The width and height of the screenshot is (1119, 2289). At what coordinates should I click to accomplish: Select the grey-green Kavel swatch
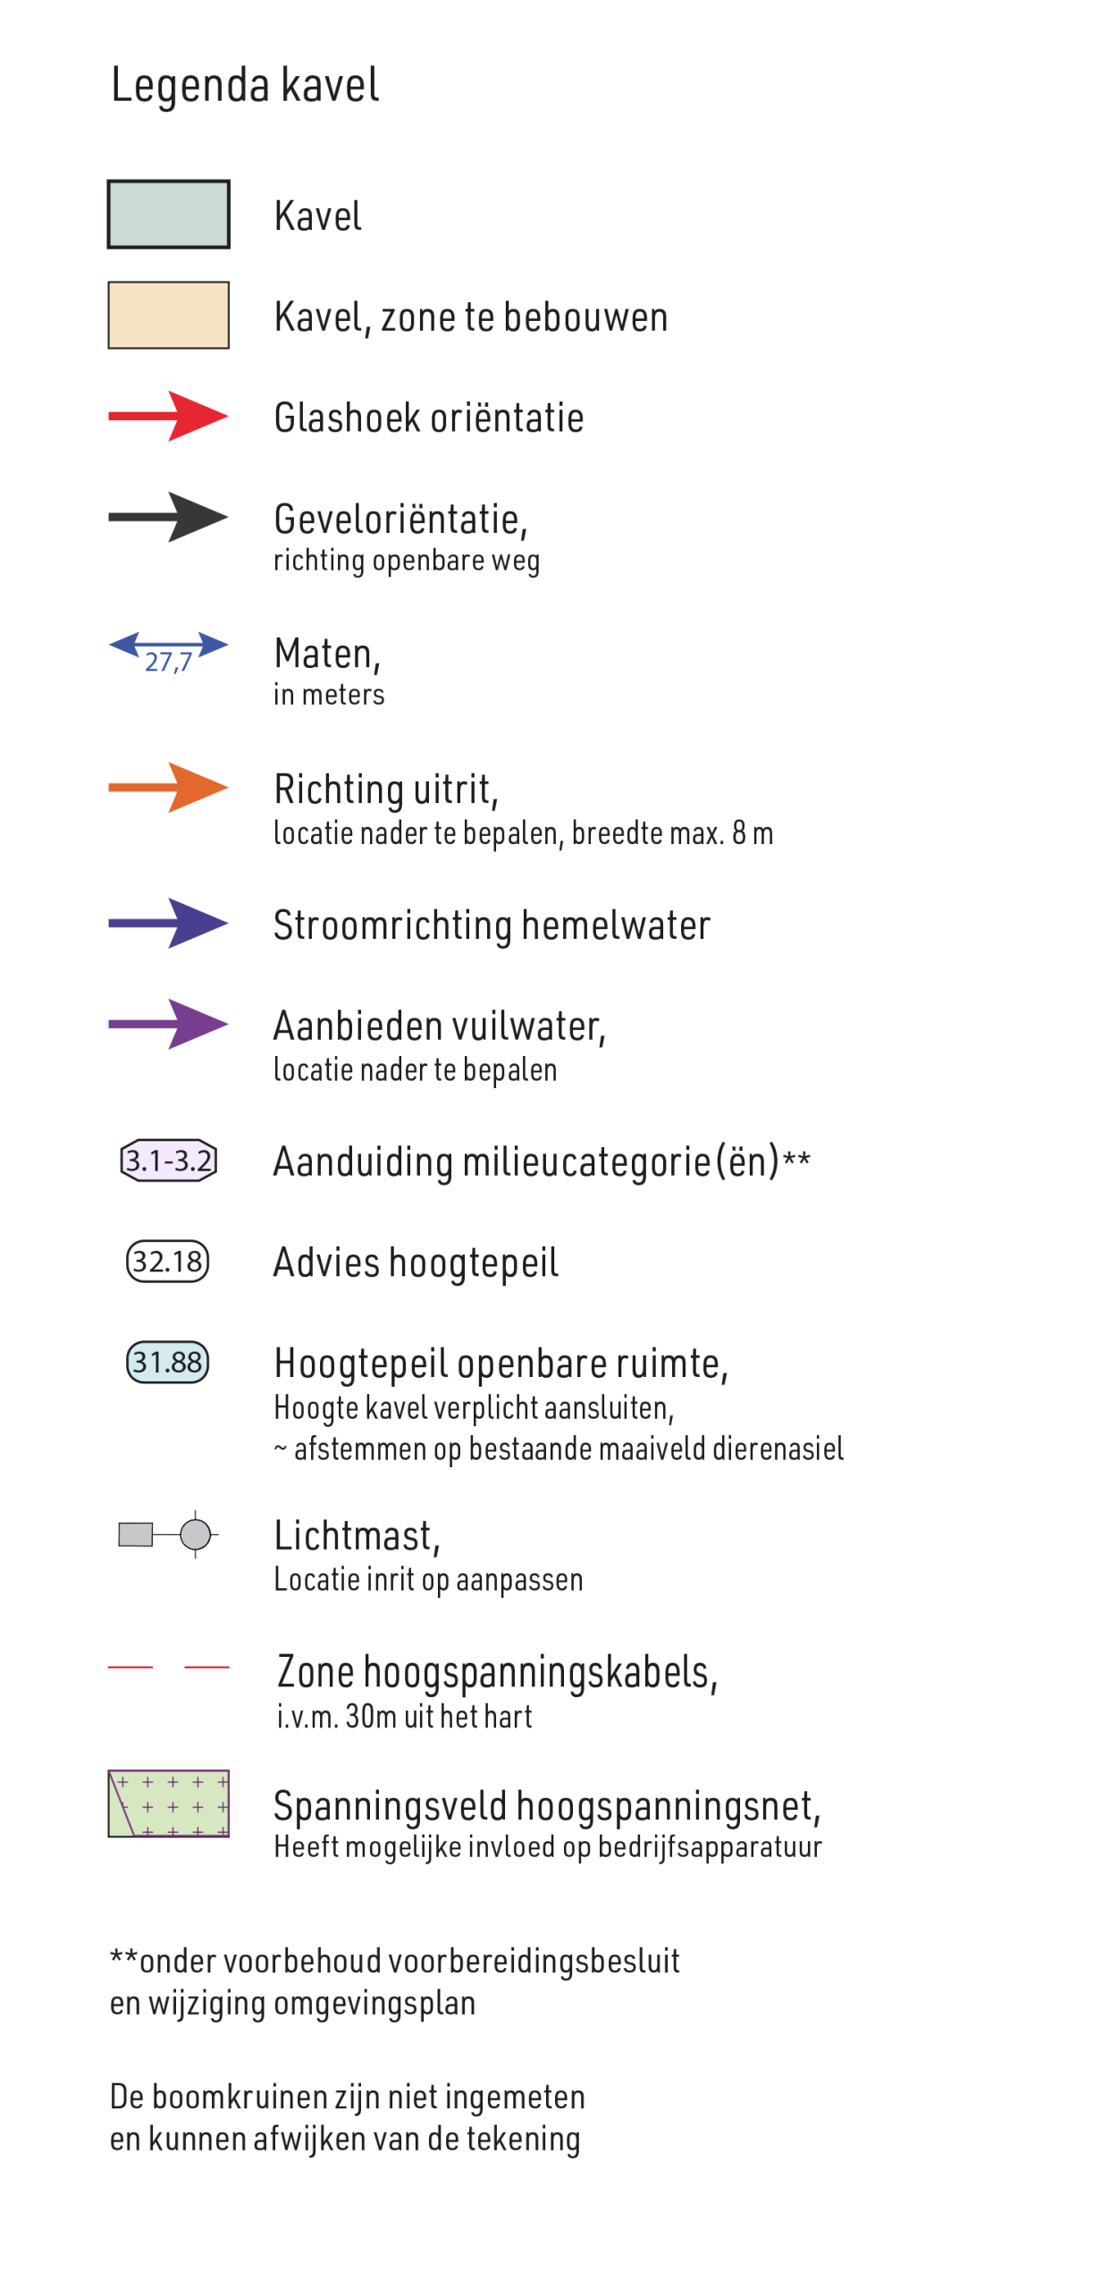(169, 214)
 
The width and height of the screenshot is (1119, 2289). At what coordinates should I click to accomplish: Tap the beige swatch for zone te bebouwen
(169, 315)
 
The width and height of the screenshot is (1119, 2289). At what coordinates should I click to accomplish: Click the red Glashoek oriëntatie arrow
(169, 416)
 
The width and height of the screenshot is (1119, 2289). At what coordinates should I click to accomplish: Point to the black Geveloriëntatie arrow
(169, 517)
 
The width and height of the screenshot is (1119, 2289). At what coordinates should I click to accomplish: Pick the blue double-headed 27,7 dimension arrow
(169, 645)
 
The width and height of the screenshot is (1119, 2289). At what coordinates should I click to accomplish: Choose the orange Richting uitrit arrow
(169, 788)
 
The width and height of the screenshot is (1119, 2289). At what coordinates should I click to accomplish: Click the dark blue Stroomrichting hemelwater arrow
(169, 923)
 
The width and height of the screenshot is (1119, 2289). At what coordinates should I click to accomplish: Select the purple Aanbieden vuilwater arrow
(169, 1024)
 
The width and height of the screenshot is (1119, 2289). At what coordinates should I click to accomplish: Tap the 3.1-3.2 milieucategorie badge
(169, 1161)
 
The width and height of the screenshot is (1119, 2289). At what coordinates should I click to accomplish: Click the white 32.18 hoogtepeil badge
(168, 1262)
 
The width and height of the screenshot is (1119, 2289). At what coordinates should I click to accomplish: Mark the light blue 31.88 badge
(168, 1363)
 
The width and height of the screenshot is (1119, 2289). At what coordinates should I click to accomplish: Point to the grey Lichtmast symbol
(169, 1534)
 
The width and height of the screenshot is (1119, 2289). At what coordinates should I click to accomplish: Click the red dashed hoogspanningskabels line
(169, 1667)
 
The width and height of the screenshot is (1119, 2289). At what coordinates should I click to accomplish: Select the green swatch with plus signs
(169, 1803)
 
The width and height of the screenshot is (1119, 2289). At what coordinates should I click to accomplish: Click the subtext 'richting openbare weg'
(407, 561)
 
